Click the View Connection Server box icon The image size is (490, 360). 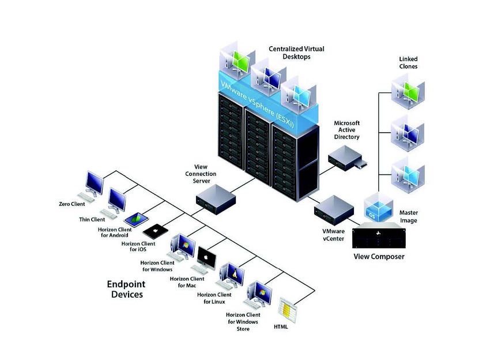[x=216, y=199]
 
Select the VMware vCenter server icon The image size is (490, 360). [x=334, y=210]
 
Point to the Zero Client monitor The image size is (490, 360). [x=94, y=183]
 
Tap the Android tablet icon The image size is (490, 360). [x=137, y=219]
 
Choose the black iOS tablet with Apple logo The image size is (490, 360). [x=155, y=231]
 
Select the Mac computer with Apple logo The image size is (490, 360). [x=206, y=258]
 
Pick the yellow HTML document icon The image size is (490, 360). [x=287, y=310]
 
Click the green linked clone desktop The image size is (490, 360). [x=408, y=92]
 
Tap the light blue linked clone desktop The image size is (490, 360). [x=408, y=175]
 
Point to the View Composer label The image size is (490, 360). [x=379, y=257]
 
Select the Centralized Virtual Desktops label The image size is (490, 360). [x=296, y=52]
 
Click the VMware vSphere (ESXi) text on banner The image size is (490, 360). [x=257, y=104]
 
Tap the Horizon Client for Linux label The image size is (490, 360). [x=214, y=298]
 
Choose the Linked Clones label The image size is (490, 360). [x=408, y=62]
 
